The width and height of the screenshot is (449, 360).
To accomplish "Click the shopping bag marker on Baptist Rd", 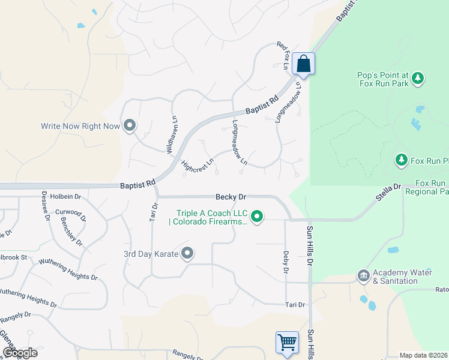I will pyautogui.click(x=304, y=64).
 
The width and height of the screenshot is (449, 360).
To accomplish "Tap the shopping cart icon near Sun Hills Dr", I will pyautogui.click(x=287, y=343).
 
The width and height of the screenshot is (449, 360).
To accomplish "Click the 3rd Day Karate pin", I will pyautogui.click(x=187, y=254).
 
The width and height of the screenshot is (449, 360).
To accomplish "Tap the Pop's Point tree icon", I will pyautogui.click(x=418, y=78).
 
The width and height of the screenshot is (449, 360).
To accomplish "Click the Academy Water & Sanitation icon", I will pyautogui.click(x=363, y=276).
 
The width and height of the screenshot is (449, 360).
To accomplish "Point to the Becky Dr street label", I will pyautogui.click(x=231, y=197).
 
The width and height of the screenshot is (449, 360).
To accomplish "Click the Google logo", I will pyautogui.click(x=19, y=353).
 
